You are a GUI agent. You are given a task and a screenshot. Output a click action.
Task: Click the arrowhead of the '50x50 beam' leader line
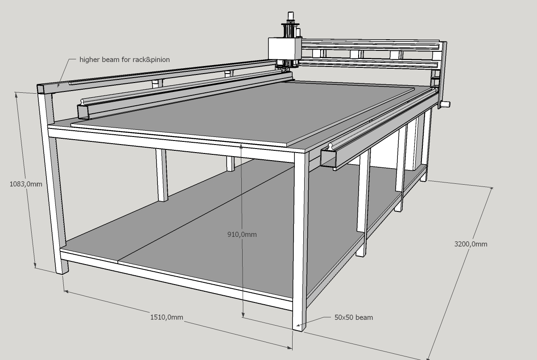[297, 325]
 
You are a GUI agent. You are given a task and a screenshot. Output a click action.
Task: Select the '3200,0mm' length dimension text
[471, 244]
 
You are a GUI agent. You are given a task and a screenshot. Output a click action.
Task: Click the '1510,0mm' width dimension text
[167, 317]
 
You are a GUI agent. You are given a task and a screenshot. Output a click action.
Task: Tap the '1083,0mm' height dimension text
[26, 184]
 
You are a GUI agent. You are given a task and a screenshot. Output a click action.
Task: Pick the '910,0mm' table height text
[242, 234]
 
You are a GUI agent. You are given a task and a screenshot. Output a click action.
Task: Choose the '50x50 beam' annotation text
[354, 317]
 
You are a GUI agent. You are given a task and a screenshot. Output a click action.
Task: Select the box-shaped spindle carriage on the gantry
[285, 48]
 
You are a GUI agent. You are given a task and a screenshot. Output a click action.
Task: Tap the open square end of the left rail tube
[83, 112]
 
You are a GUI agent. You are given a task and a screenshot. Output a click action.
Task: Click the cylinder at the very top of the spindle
[290, 15]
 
